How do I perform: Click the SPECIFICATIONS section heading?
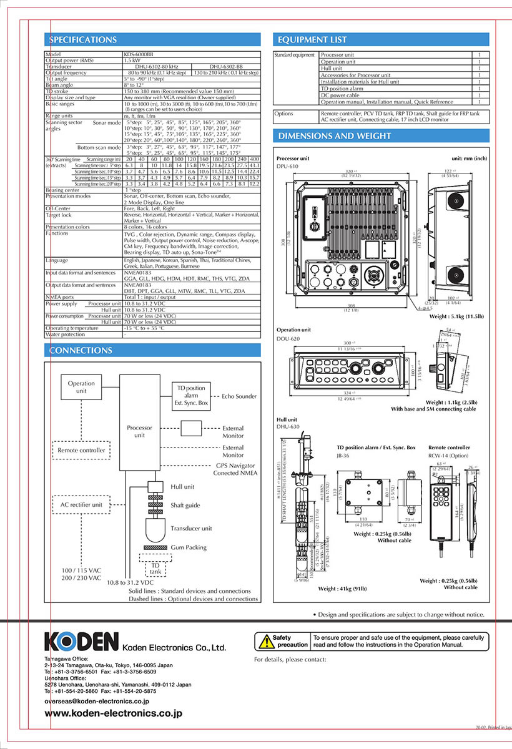coord(84,40)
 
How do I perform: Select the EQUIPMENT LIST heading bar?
coord(312,40)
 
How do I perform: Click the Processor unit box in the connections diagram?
coord(139,431)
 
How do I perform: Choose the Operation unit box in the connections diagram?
coord(81,387)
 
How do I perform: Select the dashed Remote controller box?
coord(81,450)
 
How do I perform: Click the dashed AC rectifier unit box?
coord(81,504)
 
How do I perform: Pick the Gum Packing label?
coord(189,547)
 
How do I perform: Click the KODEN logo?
coord(82,640)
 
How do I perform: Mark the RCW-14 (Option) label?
coord(448,456)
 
